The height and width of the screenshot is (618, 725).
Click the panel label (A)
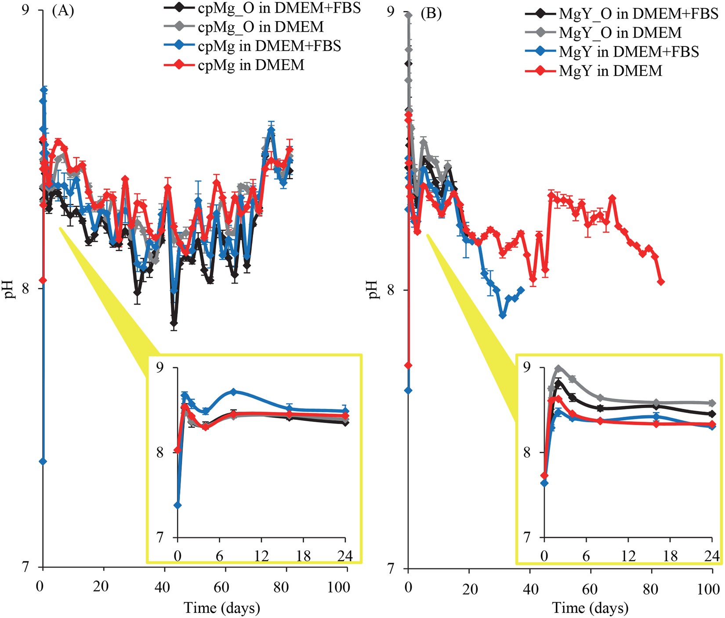point(63,11)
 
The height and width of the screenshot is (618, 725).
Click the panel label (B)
point(431,13)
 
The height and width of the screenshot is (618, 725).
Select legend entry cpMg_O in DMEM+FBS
point(279,8)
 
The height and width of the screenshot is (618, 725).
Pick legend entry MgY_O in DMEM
point(620,33)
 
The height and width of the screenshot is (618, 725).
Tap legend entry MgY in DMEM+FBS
point(629,52)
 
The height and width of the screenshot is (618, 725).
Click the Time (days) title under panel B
point(590,608)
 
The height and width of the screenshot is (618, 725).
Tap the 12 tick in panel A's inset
point(261,556)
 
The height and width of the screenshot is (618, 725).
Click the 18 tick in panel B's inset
point(671,556)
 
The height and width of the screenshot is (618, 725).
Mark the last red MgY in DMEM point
point(660,282)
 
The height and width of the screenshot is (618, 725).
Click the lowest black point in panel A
point(174,324)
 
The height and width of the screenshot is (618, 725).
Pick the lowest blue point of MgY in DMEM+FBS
point(503,315)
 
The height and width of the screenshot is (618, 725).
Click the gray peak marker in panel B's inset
point(558,368)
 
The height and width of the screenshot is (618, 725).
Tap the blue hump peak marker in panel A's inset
point(234,391)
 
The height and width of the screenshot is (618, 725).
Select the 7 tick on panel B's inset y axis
point(527,537)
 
